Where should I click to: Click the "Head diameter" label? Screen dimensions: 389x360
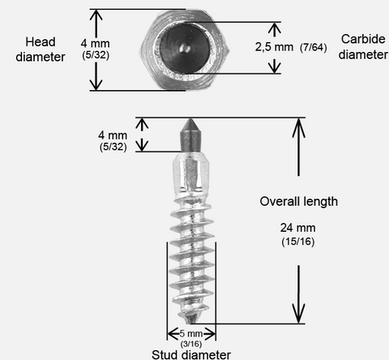coord(41,49)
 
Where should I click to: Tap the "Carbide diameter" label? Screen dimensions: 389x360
coord(363,47)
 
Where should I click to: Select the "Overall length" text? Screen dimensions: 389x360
coord(299,201)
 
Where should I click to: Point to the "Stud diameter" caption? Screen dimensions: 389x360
coord(191,354)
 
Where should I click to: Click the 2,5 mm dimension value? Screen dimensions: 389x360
coord(274,47)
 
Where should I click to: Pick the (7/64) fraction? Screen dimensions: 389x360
coord(314,48)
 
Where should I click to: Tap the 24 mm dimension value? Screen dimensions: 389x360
coord(297,228)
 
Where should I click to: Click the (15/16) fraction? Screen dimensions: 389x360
coord(298,242)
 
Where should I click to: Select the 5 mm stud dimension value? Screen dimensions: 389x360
coord(191,333)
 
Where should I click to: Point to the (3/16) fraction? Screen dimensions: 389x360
coord(191,344)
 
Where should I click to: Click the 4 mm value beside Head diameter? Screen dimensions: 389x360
coord(95,43)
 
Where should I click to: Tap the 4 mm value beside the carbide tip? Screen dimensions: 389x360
coord(113,135)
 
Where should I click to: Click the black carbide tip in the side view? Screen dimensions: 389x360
coord(191,135)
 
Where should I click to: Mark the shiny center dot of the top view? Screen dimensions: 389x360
coord(185,49)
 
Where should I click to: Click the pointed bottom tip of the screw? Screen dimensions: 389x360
coord(190,322)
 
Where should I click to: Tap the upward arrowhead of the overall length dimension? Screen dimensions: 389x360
coord(298,128)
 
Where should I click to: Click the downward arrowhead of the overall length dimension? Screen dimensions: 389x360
coord(298,313)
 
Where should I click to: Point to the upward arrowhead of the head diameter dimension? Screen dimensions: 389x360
coord(96,15)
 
